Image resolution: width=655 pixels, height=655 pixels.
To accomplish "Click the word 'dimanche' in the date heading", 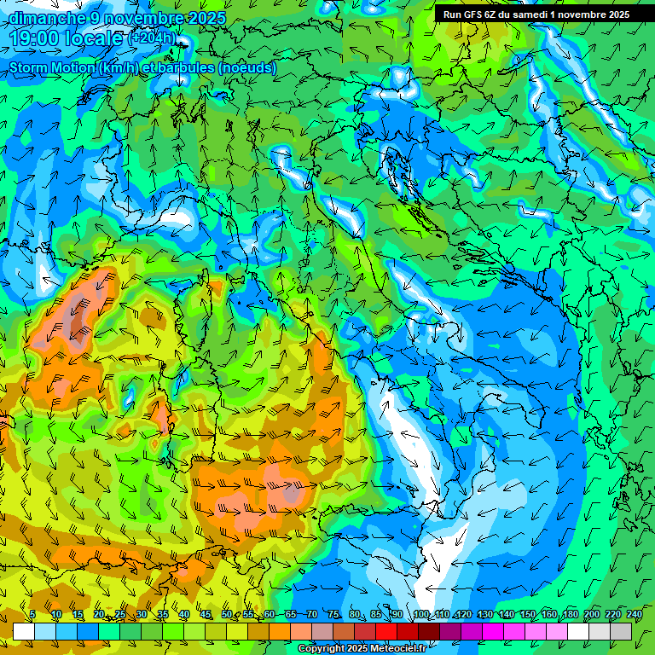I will click(x=47, y=18).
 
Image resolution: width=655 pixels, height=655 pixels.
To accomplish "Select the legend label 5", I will click(x=32, y=615).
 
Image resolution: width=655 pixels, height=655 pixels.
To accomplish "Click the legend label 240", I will click(x=634, y=615).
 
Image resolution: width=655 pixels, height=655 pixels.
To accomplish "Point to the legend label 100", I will click(x=420, y=615).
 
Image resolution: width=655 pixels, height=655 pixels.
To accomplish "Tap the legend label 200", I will click(x=591, y=615).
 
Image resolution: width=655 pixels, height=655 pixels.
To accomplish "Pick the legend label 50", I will click(x=226, y=615).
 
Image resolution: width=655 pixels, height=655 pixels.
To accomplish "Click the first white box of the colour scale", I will click(x=24, y=631).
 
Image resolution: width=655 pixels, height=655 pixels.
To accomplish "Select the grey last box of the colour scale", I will click(x=621, y=631).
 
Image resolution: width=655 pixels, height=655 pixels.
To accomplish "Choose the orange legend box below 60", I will click(x=258, y=631).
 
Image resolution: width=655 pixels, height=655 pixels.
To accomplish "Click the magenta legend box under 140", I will click(x=493, y=631).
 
